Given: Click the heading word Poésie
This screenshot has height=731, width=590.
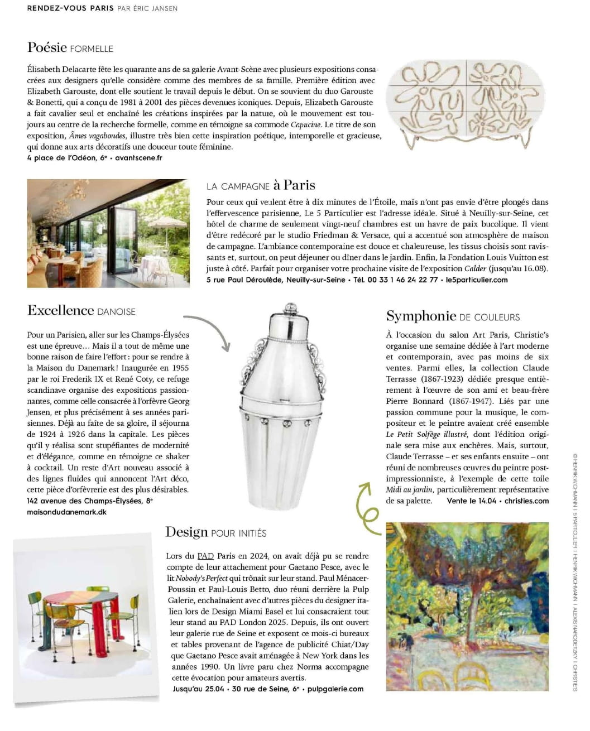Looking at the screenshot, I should coord(47,47).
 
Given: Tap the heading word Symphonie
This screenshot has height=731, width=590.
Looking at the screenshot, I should coord(421,316).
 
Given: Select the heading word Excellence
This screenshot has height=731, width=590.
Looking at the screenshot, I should coord(60,311).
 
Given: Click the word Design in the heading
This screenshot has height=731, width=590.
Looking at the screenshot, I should coord(186,532).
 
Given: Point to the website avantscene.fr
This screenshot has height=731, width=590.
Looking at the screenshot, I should coord(138,158).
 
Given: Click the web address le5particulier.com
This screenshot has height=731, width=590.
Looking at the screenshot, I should coord(477,280).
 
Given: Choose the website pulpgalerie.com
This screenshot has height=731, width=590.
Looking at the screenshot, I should coord(335,689).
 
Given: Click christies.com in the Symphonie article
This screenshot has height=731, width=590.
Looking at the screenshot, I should coord(526,501).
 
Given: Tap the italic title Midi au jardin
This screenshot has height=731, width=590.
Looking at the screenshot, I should coord(409,489).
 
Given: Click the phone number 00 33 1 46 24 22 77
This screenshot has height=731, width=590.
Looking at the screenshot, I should coord(402,280).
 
